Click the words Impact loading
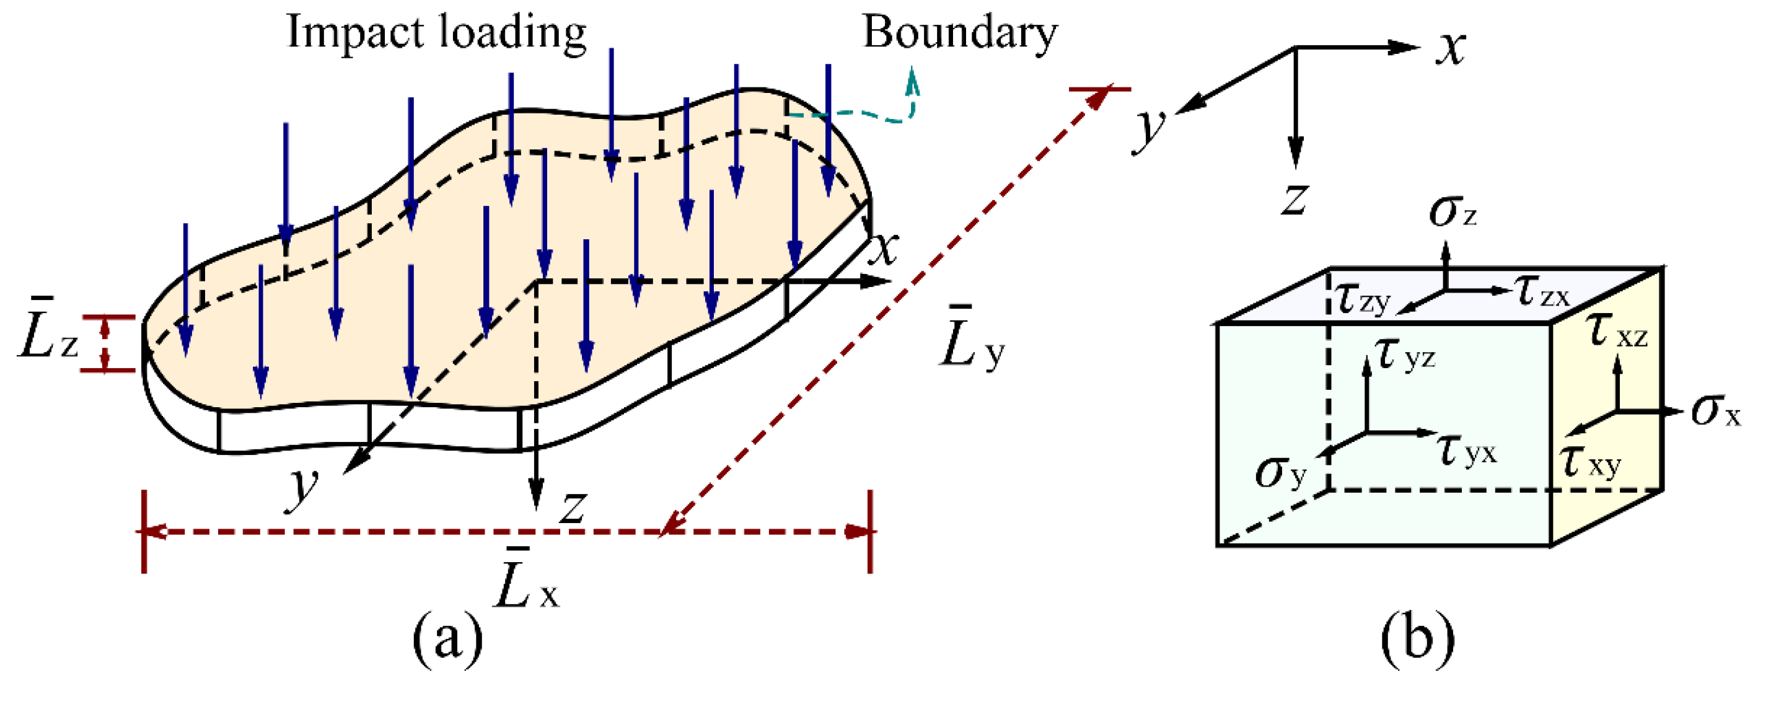point(436,33)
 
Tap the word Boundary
point(960,33)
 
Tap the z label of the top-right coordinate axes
point(1295,200)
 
